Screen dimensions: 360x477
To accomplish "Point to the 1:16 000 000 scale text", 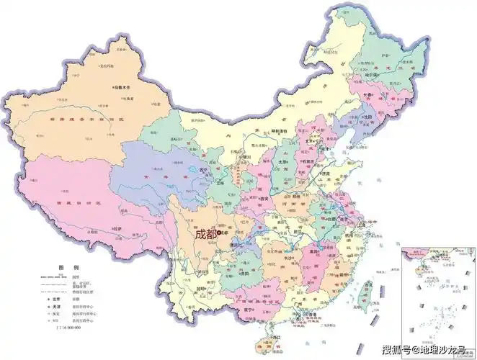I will pos(70,327).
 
